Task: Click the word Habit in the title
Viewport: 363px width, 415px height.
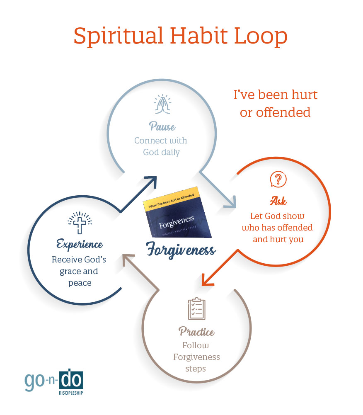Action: click(x=199, y=36)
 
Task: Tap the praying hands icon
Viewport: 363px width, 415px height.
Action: click(x=163, y=104)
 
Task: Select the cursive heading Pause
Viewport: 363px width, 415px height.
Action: click(x=162, y=126)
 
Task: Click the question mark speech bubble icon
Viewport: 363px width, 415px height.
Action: click(x=278, y=180)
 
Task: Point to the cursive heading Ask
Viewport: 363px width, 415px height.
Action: click(x=278, y=201)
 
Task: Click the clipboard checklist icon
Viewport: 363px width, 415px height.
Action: click(x=196, y=308)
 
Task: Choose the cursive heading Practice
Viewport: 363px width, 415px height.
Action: click(x=196, y=331)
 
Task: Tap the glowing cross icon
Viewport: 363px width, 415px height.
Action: click(x=80, y=223)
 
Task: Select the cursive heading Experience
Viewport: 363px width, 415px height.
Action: click(x=80, y=244)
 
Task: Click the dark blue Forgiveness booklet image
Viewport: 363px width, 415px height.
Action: click(x=177, y=213)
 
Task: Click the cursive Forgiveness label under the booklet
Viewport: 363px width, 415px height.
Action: click(x=181, y=250)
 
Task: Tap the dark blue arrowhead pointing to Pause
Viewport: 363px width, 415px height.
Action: click(x=151, y=182)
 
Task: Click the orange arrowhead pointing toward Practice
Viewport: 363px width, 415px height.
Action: click(x=207, y=280)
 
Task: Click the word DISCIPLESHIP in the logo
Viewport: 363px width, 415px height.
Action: click(x=71, y=393)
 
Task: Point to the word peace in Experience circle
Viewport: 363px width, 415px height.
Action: click(x=80, y=283)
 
